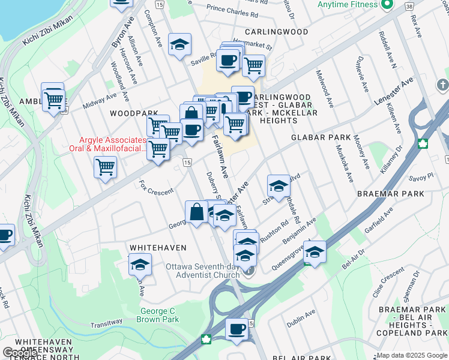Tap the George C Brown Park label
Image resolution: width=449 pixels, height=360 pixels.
pyautogui.click(x=160, y=315)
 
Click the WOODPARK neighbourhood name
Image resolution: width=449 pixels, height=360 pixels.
pyautogui.click(x=133, y=113)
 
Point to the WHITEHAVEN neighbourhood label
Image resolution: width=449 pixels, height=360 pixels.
pyautogui.click(x=158, y=247)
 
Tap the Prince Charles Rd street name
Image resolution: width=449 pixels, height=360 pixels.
pyautogui.click(x=232, y=10)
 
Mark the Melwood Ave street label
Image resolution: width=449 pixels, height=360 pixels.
pyautogui.click(x=325, y=88)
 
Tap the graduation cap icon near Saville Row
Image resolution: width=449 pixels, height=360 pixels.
pyautogui.click(x=179, y=45)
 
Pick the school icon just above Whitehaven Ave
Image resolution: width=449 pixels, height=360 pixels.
pyautogui.click(x=140, y=264)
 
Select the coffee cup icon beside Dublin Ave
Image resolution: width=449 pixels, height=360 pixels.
pyautogui.click(x=237, y=329)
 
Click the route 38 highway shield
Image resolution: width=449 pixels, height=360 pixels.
pyautogui.click(x=409, y=5)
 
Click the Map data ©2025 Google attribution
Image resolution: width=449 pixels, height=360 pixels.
pyautogui.click(x=412, y=355)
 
